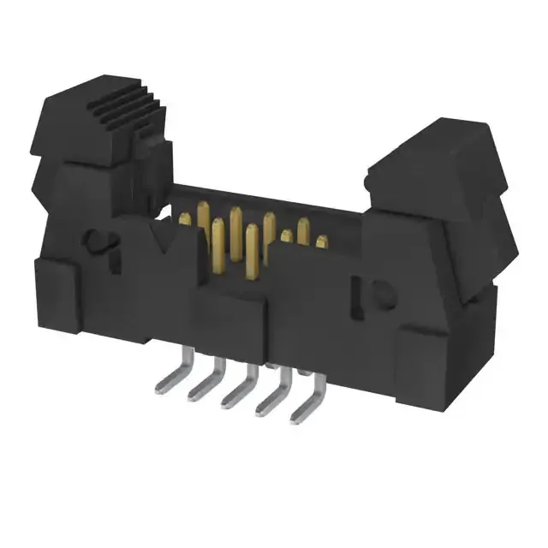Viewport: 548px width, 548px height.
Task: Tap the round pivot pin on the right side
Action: pyautogui.click(x=384, y=295)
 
